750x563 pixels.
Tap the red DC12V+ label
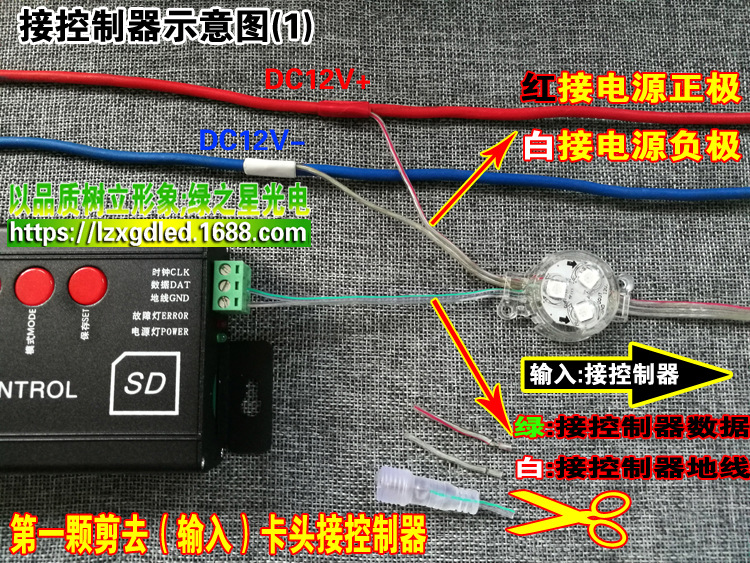316,80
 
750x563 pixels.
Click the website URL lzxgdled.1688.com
159,234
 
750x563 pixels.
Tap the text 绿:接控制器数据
629,428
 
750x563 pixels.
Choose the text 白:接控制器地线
629,467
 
